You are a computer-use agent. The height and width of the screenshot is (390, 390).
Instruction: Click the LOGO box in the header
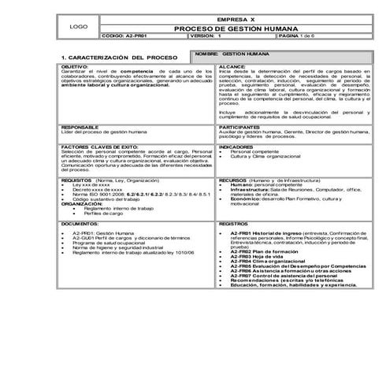click(x=79, y=27)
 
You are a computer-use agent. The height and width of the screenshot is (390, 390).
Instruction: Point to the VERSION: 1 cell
click(x=206, y=35)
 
